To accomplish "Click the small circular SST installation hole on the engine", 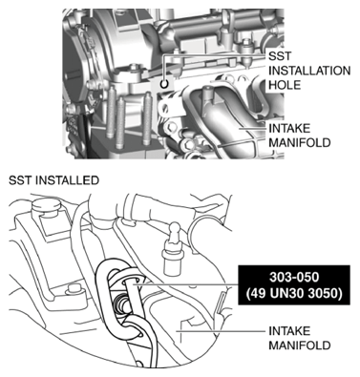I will click(166, 83).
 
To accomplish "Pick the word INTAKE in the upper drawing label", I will click(289, 127).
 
